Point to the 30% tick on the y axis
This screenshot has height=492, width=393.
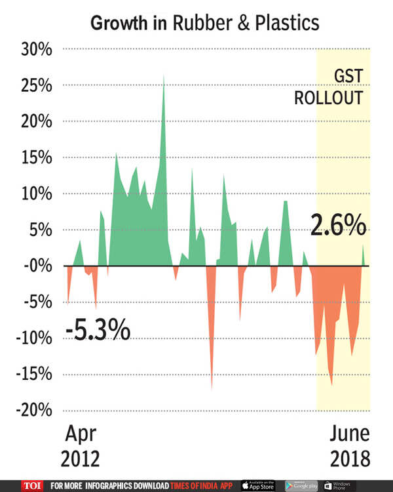click(33, 50)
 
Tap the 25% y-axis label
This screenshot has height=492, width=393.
click(33, 86)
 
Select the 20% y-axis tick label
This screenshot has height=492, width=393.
click(33, 122)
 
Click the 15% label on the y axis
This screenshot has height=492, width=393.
click(33, 158)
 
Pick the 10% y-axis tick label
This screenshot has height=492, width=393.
click(33, 194)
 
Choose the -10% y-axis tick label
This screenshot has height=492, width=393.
click(31, 338)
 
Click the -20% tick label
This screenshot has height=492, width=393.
click(31, 410)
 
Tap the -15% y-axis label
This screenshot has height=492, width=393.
click(31, 375)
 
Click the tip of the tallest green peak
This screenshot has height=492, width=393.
click(163, 76)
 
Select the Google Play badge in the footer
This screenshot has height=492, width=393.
click(301, 485)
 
